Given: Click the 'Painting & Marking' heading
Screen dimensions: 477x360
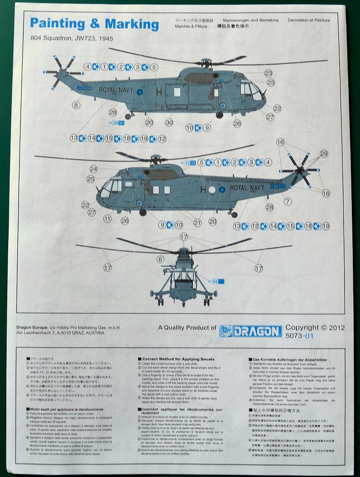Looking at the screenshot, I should (94, 24).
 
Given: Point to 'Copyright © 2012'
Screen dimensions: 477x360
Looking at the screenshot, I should (315, 328).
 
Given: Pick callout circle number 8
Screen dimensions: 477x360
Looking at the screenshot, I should (76, 105).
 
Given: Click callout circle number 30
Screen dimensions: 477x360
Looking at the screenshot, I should (169, 122).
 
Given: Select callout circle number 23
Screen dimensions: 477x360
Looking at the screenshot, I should (269, 73).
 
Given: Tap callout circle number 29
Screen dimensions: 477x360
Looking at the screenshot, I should (324, 154).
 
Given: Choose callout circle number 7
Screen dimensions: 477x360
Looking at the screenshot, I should (287, 201).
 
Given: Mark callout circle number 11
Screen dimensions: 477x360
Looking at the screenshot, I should (107, 219).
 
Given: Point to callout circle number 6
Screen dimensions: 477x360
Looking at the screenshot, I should (160, 259).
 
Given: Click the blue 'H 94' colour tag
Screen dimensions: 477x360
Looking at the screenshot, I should (216, 282).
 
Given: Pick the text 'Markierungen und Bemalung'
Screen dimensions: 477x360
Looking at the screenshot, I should (248, 21).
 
